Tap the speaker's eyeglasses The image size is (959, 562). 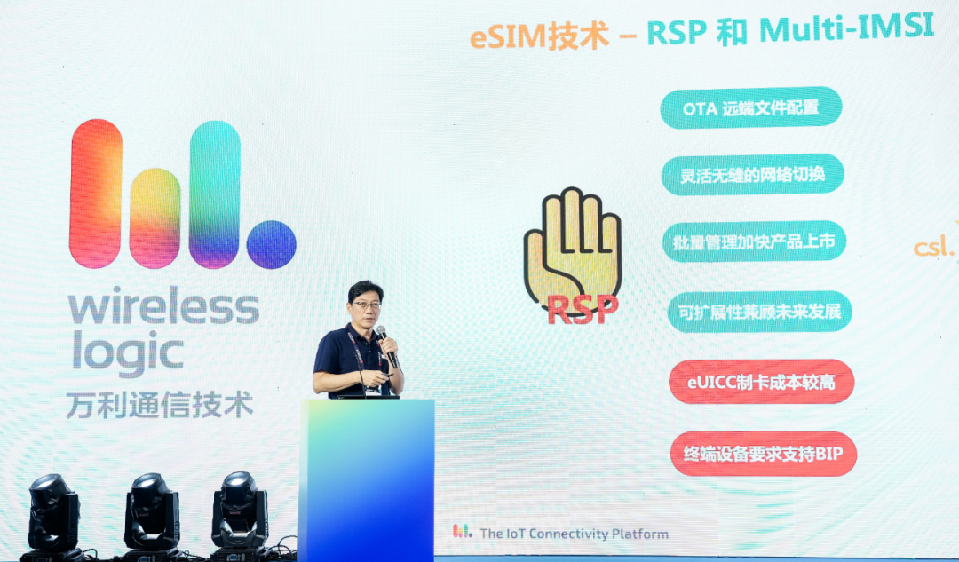point(367,304)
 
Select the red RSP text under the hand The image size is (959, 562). point(583,310)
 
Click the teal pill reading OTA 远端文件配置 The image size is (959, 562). point(751,107)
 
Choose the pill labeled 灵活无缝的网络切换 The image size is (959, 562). point(752,174)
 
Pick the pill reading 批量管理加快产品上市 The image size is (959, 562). point(754,241)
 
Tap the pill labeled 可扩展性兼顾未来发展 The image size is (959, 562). point(759,312)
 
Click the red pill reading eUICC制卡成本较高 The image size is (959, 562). point(762,382)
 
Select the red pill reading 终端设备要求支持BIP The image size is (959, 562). point(764,454)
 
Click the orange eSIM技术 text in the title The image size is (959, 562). point(540,36)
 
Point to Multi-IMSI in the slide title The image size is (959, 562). point(846,28)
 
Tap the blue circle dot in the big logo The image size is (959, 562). point(272,245)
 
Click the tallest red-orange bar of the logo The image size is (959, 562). point(96,194)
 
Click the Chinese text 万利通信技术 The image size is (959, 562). point(159,405)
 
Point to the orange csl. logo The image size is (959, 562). point(933,246)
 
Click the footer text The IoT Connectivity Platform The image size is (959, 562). point(574,534)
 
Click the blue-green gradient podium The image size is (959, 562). point(367,480)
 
